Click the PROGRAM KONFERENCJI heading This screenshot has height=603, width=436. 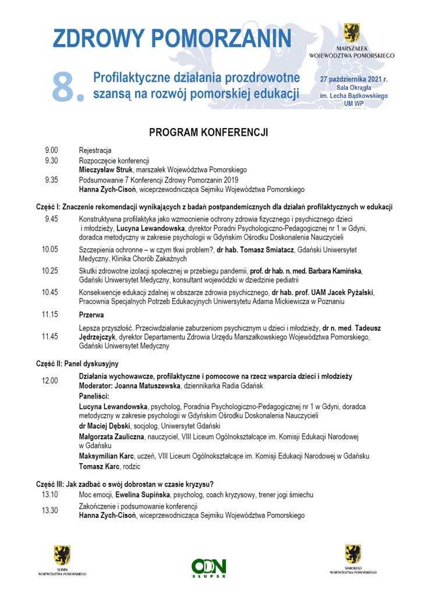208,132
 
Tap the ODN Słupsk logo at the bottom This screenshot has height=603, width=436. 209,567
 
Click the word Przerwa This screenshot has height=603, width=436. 91,314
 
